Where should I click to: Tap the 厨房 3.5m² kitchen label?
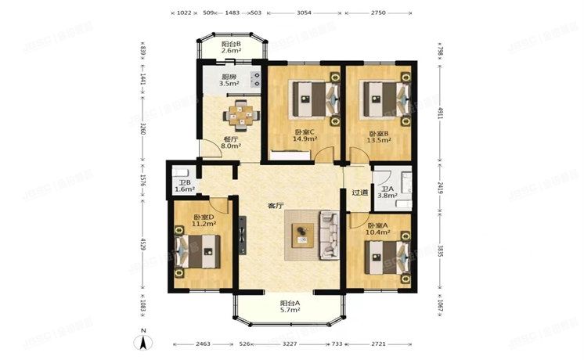pyautogui.click(x=229, y=81)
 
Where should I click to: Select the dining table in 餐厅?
pyautogui.click(x=241, y=114)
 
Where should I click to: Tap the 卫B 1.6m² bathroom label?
pyautogui.click(x=184, y=186)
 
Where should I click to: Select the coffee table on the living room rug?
pyautogui.click(x=301, y=236)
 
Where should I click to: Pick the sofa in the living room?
pyautogui.click(x=328, y=236)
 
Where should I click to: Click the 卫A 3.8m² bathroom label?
pyautogui.click(x=387, y=193)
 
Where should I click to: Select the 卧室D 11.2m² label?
pyautogui.click(x=204, y=221)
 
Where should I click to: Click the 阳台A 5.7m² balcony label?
pyautogui.click(x=289, y=307)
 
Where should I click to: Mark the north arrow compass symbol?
pyautogui.click(x=144, y=340)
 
